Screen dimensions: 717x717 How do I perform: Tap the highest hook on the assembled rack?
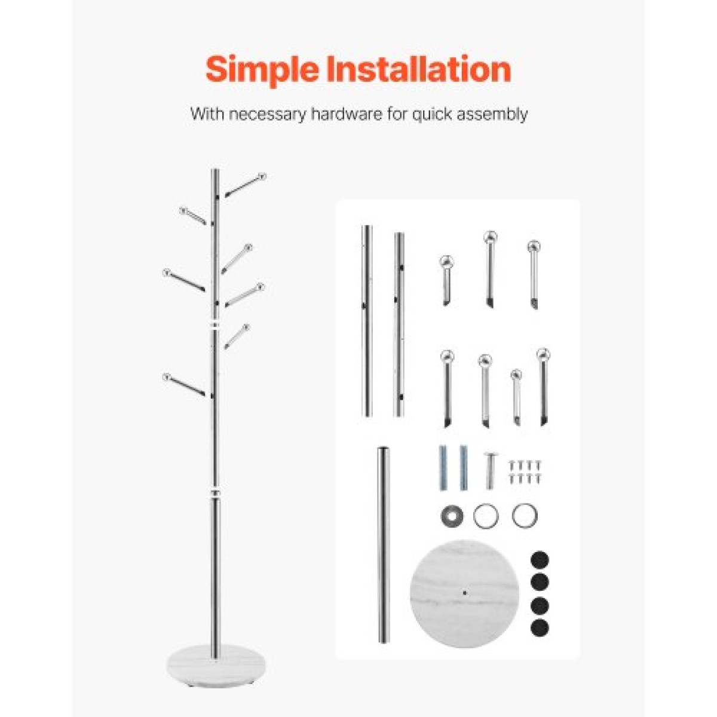[x=246, y=185]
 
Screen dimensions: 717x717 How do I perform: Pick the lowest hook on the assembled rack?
[x=185, y=385]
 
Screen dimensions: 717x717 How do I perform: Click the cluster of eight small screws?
[x=524, y=472]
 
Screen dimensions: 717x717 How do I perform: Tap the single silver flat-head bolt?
[x=490, y=470]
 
